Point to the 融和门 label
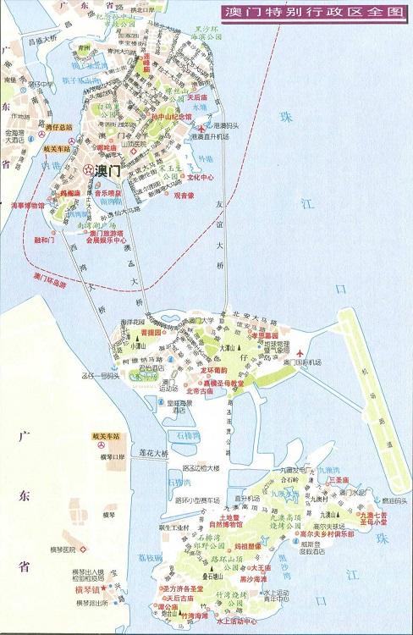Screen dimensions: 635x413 coord(43,240)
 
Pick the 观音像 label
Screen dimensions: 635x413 coord(184,195)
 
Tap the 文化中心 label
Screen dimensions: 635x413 coord(200,178)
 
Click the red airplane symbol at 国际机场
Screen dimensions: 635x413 coord(300,352)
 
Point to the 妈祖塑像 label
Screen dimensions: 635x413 coord(230,546)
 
